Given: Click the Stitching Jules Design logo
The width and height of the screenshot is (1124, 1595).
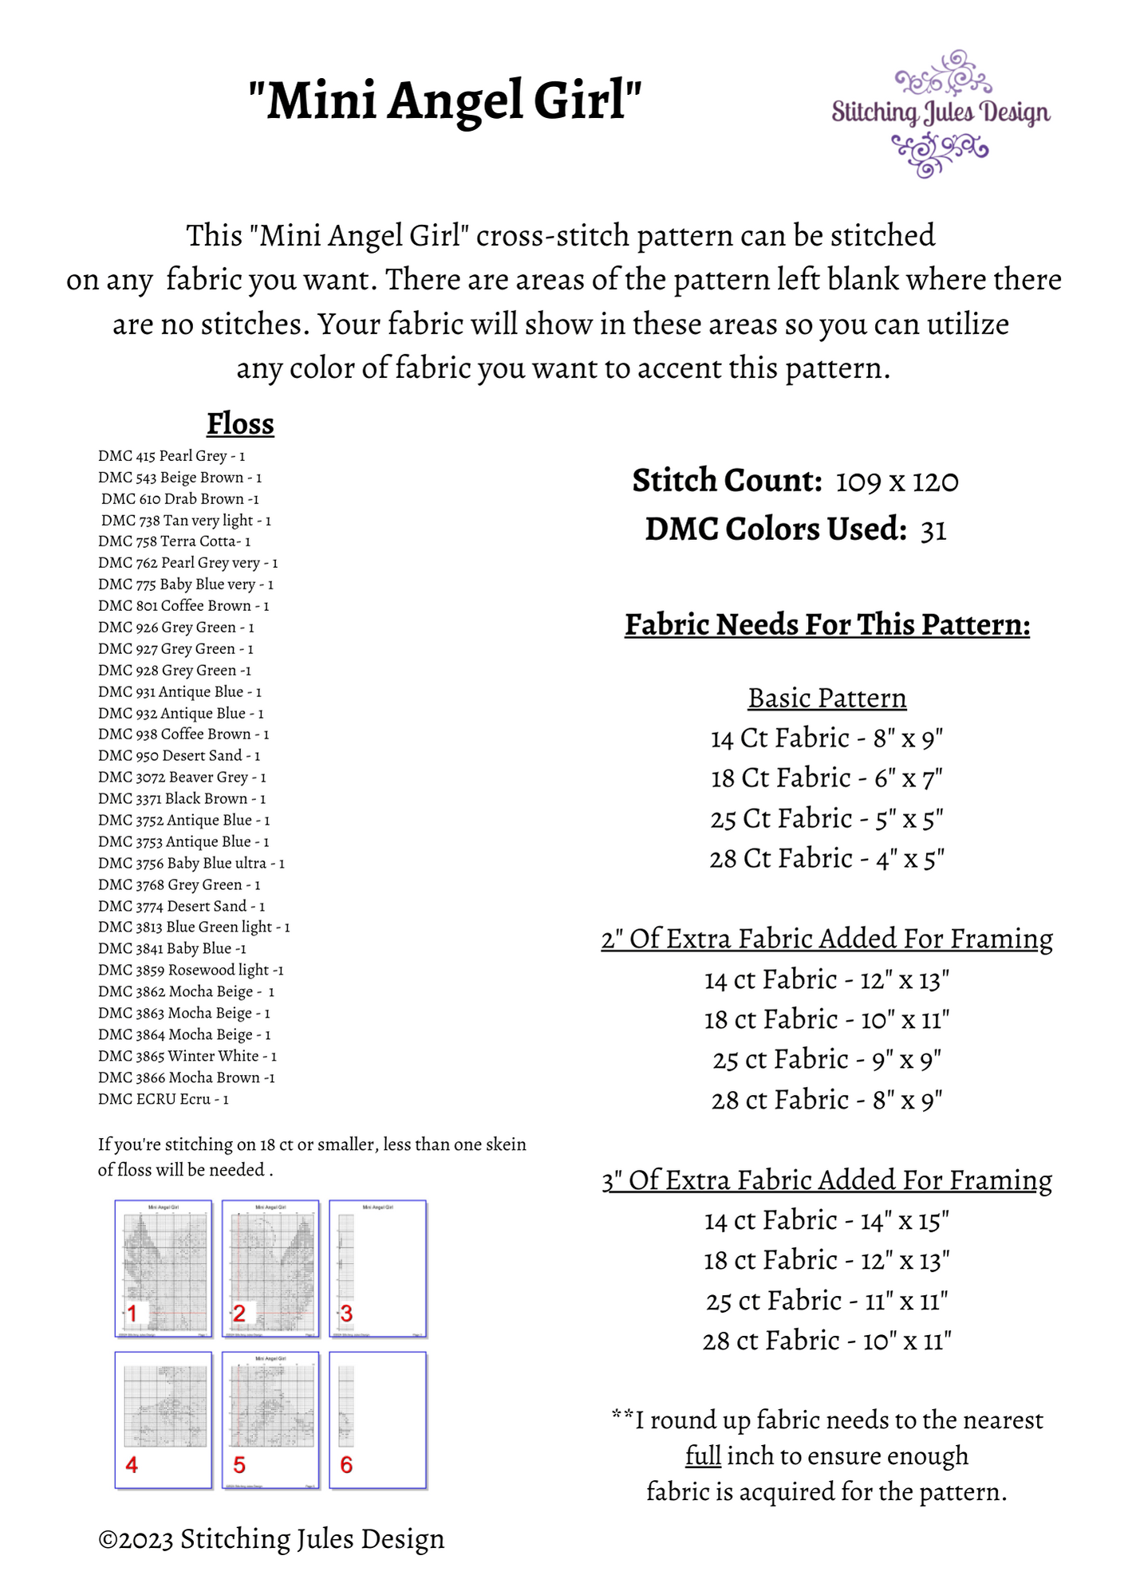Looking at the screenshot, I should [x=941, y=113].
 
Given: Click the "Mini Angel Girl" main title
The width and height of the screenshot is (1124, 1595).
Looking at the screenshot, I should [x=445, y=100].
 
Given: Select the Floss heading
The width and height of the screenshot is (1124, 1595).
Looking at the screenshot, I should [x=240, y=423].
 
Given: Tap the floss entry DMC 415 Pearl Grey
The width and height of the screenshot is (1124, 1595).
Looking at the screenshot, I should [x=171, y=456].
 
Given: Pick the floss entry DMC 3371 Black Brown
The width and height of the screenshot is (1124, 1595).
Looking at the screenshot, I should [x=182, y=798].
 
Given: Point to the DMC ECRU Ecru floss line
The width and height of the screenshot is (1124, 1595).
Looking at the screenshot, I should [x=163, y=1099].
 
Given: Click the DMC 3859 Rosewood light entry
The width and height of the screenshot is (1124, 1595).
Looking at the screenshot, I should [x=191, y=970].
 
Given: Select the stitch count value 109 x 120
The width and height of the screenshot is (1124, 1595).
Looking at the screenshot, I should [x=897, y=482].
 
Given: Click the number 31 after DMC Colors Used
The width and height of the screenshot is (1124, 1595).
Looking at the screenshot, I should [x=933, y=530].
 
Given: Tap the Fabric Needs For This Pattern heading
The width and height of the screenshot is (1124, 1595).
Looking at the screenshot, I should [x=827, y=624].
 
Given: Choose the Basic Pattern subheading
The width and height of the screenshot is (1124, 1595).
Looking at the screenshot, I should [x=827, y=698].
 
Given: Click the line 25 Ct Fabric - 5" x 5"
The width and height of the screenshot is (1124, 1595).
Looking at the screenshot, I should [x=827, y=818].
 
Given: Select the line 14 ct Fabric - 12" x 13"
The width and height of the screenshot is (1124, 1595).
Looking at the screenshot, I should [x=827, y=979].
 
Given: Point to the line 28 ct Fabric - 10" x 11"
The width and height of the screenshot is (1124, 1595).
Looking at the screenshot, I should [x=827, y=1341].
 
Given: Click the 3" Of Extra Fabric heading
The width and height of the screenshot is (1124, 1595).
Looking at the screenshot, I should [x=827, y=1180].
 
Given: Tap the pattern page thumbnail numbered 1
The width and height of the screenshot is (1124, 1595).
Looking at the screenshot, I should [x=164, y=1268].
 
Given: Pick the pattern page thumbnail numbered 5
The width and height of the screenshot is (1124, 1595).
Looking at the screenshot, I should [x=270, y=1420].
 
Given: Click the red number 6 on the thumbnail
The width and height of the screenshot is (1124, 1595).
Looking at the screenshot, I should [x=346, y=1465].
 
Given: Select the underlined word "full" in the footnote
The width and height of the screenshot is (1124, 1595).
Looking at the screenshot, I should [x=703, y=1455].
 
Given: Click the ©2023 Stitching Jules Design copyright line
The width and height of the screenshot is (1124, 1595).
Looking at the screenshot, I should [x=271, y=1539].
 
